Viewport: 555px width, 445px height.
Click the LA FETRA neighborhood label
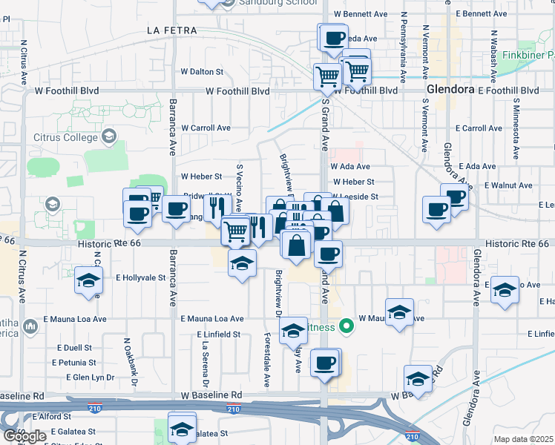[172, 30]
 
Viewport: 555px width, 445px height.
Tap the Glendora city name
[450, 90]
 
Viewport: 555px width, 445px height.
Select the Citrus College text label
[65, 137]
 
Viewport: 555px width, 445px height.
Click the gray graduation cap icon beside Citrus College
[109, 136]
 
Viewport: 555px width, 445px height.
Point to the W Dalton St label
[202, 72]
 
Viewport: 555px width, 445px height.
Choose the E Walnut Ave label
[508, 185]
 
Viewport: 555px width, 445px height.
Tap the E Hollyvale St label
[140, 277]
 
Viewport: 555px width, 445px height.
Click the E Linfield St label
[219, 334]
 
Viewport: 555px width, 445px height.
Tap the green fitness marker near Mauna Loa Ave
[346, 326]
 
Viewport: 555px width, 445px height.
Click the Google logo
[25, 435]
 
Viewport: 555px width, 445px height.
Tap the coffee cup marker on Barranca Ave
[176, 210]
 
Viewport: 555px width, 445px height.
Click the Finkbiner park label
[528, 56]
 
